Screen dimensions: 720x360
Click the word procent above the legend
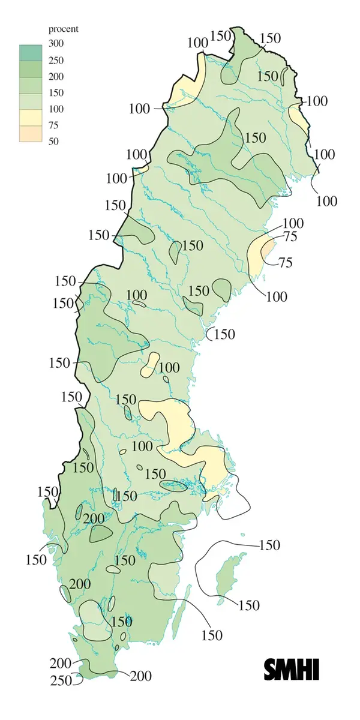[x=63, y=29]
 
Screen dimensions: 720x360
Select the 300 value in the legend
[x=56, y=44]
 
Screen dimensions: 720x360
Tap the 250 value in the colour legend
[x=56, y=60]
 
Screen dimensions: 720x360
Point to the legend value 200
[x=56, y=76]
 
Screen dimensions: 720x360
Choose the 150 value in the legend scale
[x=56, y=92]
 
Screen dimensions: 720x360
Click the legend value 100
[x=56, y=109]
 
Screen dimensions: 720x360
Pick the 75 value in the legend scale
[x=53, y=125]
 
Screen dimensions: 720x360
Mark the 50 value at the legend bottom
[x=53, y=141]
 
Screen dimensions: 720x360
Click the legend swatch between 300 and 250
[x=30, y=52]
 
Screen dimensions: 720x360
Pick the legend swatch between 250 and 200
[x=30, y=68]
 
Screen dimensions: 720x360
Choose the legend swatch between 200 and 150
[x=30, y=85]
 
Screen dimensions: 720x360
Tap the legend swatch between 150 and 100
[x=30, y=101]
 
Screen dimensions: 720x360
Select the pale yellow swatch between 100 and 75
[x=30, y=117]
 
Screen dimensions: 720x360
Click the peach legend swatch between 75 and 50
[x=30, y=133]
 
